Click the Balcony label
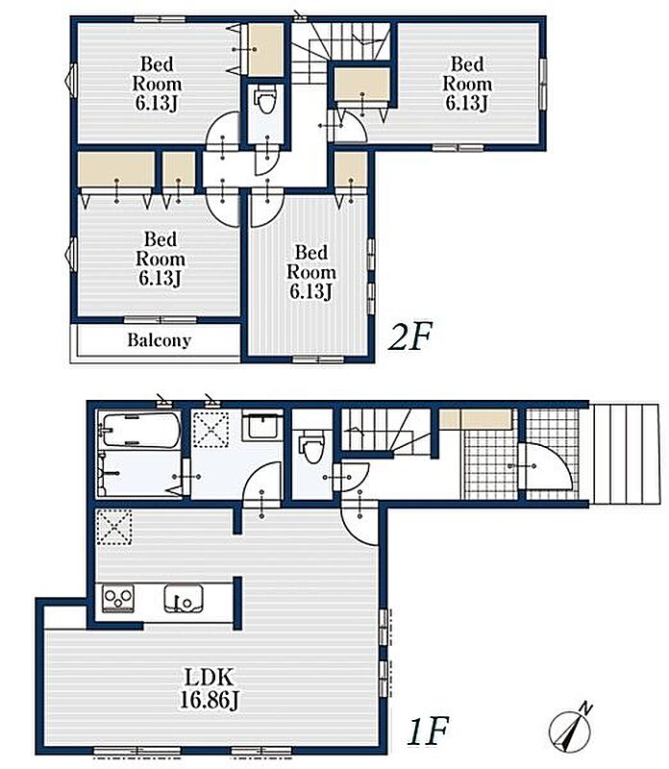pos(159,340)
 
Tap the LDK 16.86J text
pos(209,688)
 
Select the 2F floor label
pos(409,336)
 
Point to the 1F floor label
pos(428,731)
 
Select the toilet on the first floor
pos(311,446)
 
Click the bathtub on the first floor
pos(139,430)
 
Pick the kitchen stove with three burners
pos(118,598)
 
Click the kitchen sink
pos(183,598)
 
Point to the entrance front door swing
pos(544,466)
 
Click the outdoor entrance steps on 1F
pos(625,453)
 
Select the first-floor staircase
pos(386,430)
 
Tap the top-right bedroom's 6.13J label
pos(466,103)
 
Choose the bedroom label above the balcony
pos(160,259)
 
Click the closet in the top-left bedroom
pos(265,49)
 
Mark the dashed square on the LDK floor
pos(113,527)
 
